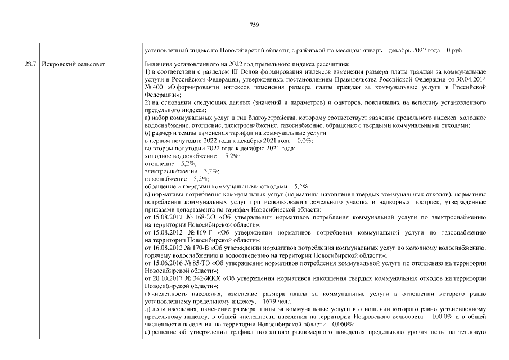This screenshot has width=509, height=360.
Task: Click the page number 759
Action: (254, 25)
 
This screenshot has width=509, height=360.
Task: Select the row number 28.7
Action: (31, 64)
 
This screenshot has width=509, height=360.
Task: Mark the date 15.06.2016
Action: (168, 263)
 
